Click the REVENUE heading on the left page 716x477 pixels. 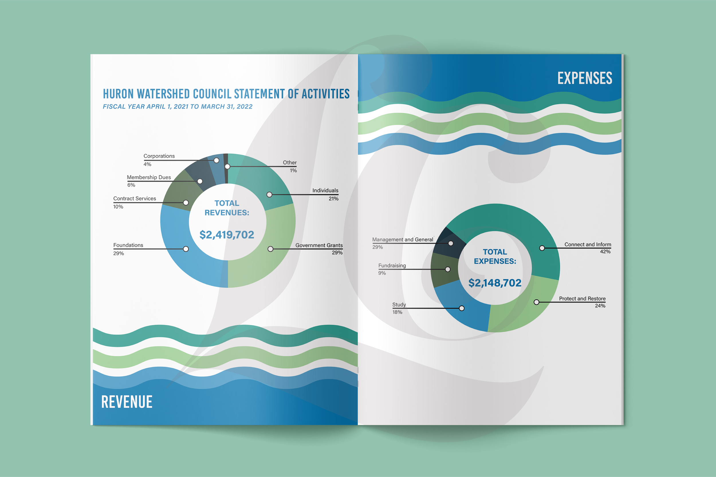pos(127,402)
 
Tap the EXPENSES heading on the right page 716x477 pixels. pos(585,78)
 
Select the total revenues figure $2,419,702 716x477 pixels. pos(227,235)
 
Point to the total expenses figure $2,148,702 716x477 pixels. pos(495,283)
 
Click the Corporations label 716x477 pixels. pos(159,156)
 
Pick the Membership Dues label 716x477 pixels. pos(149,177)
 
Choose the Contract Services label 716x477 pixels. pos(135,199)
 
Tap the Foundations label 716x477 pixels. pos(128,245)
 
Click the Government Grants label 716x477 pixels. pos(319,245)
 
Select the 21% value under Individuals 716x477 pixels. pos(333,199)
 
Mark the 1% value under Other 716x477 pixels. pos(293,171)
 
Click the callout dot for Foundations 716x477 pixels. pos(186,249)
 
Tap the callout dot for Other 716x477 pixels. pos(227,167)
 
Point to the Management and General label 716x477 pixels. pos(402,240)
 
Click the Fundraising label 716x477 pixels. pos(392,266)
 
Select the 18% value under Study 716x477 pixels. pos(397,312)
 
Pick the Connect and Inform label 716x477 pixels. pos(587,245)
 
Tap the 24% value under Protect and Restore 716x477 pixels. pos(600,306)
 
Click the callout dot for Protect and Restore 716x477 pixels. pos(536,302)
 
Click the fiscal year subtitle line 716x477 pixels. pos(178,107)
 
